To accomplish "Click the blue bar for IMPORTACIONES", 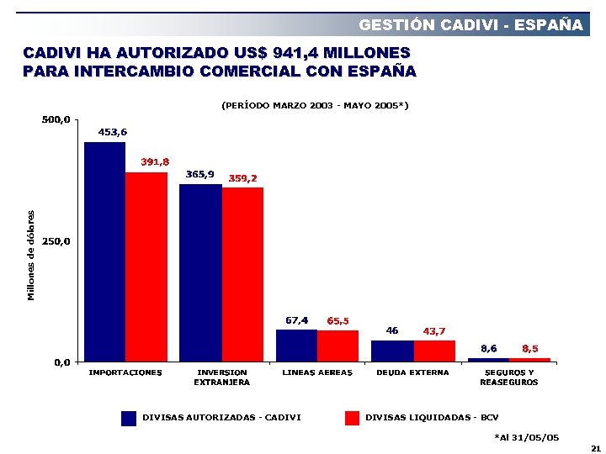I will (104, 252).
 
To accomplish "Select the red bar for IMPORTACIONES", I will (146, 267).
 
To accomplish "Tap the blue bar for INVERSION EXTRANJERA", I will (200, 273).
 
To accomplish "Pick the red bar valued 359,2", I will (243, 275).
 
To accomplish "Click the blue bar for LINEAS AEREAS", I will (296, 346).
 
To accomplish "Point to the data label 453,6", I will (113, 132).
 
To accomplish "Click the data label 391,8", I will (155, 161).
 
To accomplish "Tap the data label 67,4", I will (297, 319).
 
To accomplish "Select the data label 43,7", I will (434, 330).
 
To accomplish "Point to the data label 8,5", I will (530, 347).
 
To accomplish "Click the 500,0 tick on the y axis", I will (56, 120).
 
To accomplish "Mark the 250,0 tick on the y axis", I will (56, 241).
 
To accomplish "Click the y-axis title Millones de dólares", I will (31, 255).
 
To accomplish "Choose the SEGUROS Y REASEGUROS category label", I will (508, 377).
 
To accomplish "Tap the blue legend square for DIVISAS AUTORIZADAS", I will (129, 418).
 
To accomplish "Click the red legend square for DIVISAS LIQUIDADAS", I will (352, 418).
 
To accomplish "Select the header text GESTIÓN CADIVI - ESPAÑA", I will (470, 24).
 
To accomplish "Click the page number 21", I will (595, 448).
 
